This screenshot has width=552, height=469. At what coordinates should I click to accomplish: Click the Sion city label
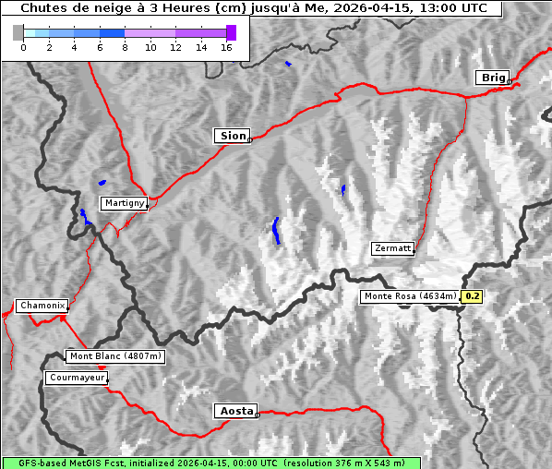pos(233,136)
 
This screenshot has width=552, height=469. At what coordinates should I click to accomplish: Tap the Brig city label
pos(492,78)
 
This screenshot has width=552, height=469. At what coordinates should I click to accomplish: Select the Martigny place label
pos(124,202)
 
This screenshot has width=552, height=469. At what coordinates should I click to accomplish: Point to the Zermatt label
pos(392,248)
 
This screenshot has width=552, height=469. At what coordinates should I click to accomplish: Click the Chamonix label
pos(42,306)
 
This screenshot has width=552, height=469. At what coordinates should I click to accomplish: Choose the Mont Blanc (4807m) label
pos(115,356)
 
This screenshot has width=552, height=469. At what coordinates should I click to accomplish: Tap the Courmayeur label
pos(77,378)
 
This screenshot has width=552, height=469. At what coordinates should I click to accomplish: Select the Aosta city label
pos(234,411)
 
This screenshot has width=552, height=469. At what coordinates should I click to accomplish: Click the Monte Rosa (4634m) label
pos(409,296)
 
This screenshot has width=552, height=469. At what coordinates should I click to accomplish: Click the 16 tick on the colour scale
pos(226,47)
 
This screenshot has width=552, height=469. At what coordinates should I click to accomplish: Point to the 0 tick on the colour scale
pos(23,47)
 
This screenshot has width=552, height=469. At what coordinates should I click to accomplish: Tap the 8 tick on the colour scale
pos(125,47)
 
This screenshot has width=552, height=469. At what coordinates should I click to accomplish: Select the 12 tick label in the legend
pos(175,47)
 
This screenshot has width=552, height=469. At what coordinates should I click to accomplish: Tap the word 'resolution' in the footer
pos(318,463)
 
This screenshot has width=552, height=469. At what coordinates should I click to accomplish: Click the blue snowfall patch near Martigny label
pos(102,182)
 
